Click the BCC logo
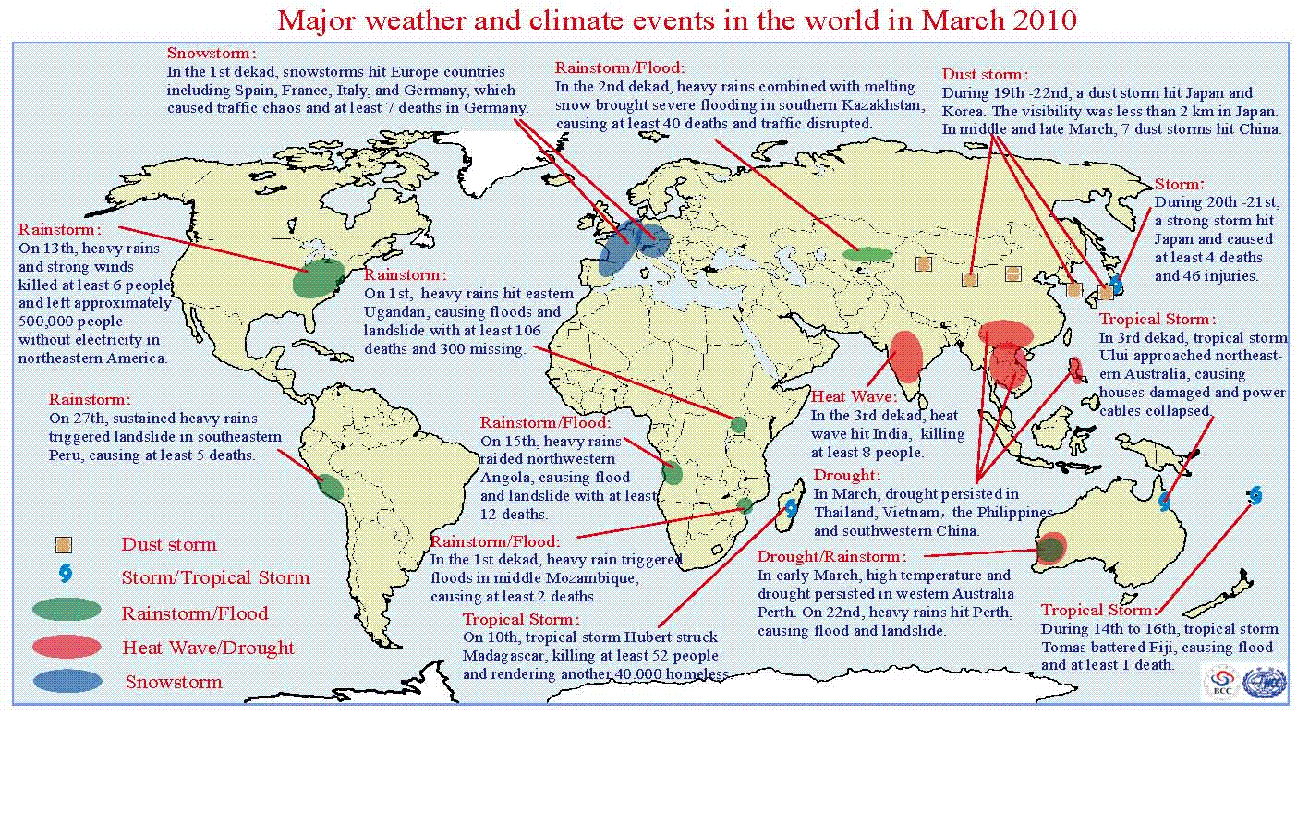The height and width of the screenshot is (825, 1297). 1222,683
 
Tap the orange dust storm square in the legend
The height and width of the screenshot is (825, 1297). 64,545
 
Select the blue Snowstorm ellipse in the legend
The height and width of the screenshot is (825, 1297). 67,681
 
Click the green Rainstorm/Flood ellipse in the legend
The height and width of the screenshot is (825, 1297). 67,610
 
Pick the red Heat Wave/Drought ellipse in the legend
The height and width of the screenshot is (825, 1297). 67,646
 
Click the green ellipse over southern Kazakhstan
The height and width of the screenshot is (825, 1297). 867,254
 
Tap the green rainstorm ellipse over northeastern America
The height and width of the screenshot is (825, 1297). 318,278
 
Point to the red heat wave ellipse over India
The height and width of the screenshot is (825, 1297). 906,357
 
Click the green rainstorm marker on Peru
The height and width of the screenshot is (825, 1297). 331,487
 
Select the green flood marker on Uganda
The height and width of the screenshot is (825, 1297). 738,425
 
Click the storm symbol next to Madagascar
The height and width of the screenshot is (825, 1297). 791,508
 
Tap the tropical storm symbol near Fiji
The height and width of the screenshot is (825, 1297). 1255,495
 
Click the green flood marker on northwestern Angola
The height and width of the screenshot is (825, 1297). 673,472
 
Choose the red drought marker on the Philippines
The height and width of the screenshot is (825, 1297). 1076,370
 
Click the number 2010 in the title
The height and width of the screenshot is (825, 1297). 1045,20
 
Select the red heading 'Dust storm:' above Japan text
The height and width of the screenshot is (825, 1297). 985,74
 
